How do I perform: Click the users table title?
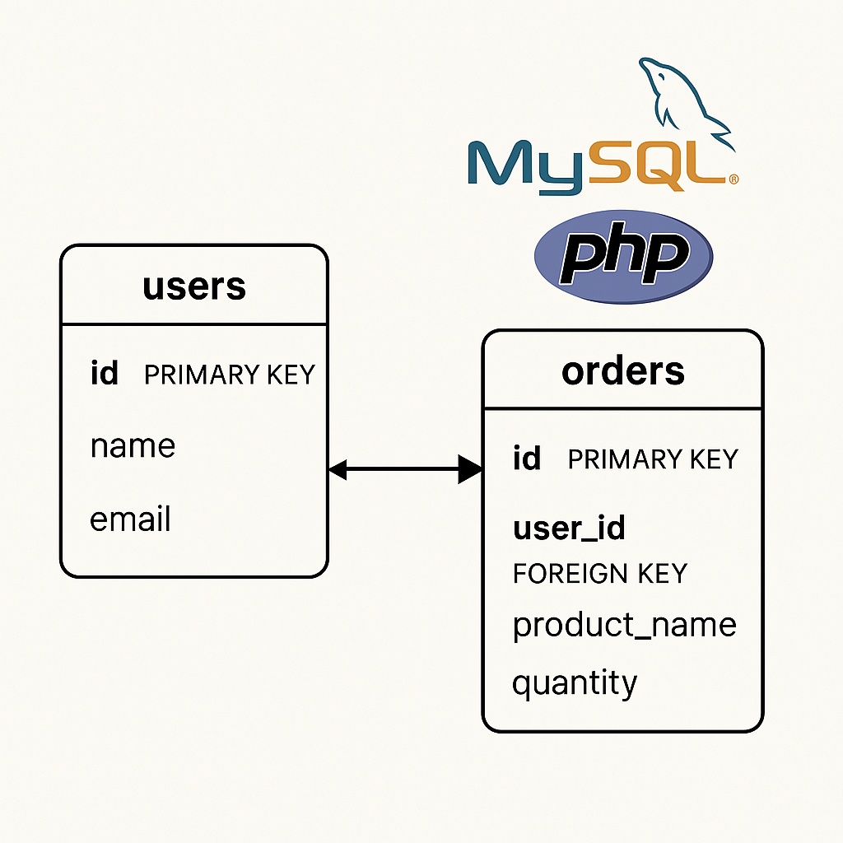194,286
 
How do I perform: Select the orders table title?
622,370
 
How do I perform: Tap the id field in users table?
105,375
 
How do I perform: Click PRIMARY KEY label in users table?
229,375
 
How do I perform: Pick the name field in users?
133,446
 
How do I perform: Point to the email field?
130,519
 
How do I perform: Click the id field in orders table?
527,459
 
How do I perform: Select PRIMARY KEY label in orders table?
653,459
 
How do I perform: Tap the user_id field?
569,528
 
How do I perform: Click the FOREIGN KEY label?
599,573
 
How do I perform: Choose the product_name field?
624,625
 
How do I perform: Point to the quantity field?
575,683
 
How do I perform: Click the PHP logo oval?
623,255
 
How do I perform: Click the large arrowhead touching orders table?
471,470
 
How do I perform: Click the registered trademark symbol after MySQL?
733,178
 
